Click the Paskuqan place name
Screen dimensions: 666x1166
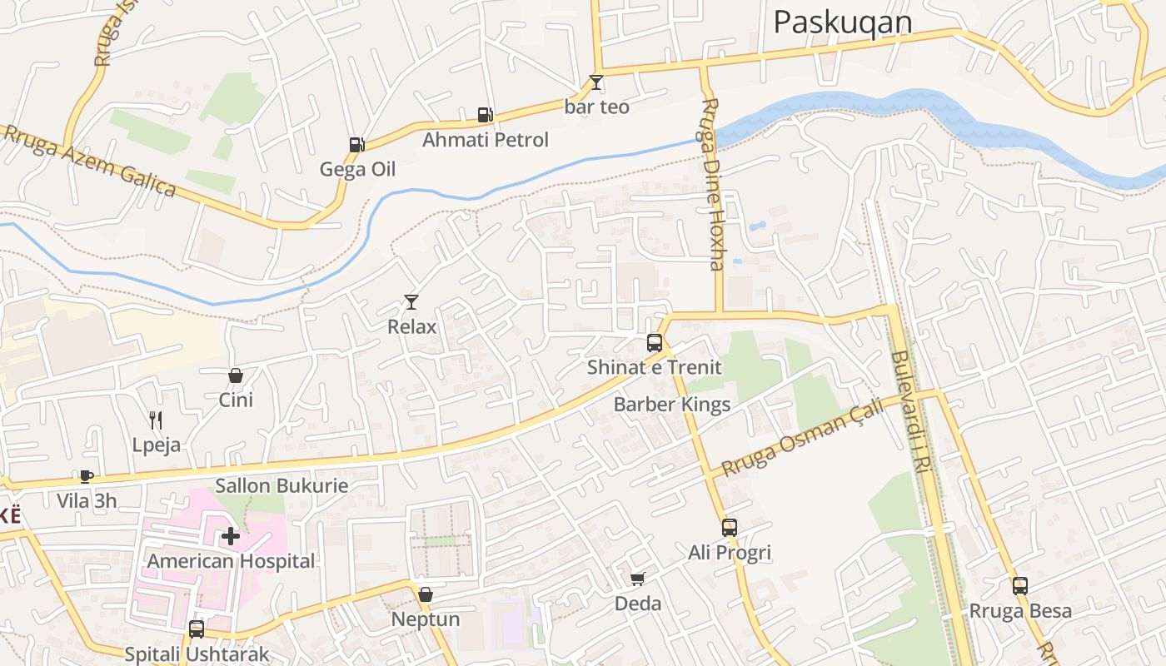point(842,22)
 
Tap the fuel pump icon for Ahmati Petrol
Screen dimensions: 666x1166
point(485,115)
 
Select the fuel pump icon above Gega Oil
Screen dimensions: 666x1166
point(356,144)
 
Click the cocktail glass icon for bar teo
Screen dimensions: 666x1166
point(596,82)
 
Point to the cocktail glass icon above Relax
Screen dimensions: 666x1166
point(411,301)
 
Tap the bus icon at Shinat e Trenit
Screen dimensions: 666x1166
point(655,342)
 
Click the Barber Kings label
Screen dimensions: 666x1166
point(671,405)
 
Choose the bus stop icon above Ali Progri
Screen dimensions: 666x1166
point(730,527)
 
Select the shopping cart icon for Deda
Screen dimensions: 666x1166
point(638,579)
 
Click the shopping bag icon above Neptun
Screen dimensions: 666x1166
point(426,594)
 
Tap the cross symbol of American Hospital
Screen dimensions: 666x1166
point(231,536)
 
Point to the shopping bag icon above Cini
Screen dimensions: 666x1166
point(236,375)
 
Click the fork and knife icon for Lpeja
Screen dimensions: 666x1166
point(156,420)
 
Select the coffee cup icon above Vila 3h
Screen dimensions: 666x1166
point(86,476)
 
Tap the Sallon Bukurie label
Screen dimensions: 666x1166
point(282,485)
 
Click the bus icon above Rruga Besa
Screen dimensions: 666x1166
point(1020,585)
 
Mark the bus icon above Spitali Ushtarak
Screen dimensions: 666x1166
point(197,629)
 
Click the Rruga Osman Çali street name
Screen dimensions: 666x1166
point(801,437)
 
